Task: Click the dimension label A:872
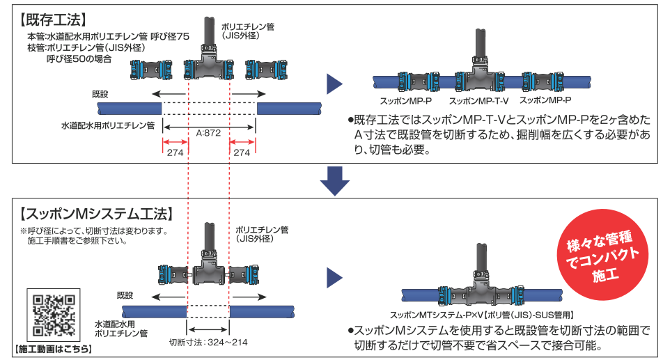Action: [209, 132]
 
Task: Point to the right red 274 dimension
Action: [242, 152]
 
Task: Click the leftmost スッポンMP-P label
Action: [405, 101]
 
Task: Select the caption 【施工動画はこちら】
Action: [54, 348]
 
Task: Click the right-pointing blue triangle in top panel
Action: [335, 84]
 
